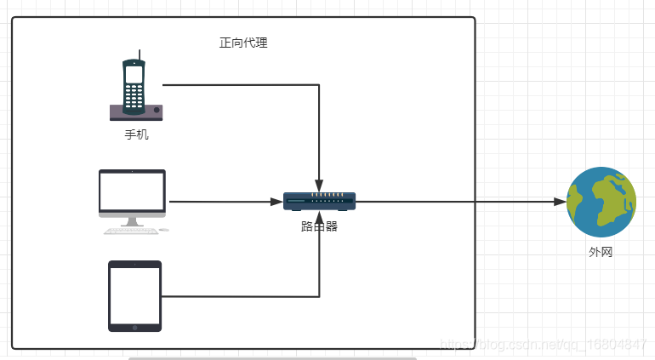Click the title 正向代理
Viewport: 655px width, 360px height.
[x=243, y=43]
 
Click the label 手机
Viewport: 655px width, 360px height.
[x=137, y=134]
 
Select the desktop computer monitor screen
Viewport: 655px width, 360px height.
[x=132, y=191]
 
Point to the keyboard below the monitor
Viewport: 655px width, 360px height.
[x=131, y=231]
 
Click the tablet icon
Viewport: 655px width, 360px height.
[x=135, y=296]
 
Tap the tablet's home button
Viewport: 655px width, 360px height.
[x=135, y=328]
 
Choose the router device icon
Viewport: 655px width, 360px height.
[x=319, y=201]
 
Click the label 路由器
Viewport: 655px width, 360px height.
[x=319, y=226]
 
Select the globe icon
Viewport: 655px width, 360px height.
[x=601, y=202]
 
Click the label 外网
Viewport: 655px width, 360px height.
[x=601, y=252]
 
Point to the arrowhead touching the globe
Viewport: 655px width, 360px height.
[x=561, y=202]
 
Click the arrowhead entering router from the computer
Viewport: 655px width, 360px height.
[x=276, y=202]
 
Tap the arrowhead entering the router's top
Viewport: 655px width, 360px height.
[x=319, y=186]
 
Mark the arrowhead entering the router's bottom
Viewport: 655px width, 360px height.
[x=319, y=217]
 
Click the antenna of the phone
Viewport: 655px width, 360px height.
[x=140, y=54]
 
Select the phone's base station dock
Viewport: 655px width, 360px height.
[x=136, y=113]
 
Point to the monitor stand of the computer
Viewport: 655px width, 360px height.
[x=132, y=222]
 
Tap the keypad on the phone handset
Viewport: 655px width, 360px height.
[x=134, y=96]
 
